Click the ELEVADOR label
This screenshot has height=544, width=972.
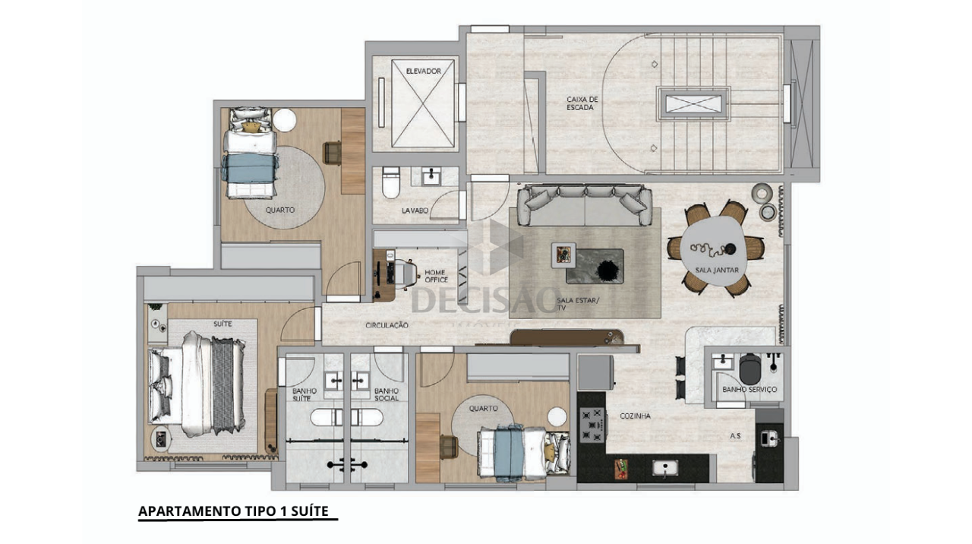click(423, 71)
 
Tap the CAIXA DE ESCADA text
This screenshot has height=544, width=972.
click(582, 103)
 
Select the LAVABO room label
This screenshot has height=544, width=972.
click(415, 210)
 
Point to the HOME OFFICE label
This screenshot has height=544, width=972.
click(436, 276)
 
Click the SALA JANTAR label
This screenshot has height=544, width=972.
click(716, 270)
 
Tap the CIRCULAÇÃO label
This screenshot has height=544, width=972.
click(387, 325)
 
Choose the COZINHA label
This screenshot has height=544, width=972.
click(635, 416)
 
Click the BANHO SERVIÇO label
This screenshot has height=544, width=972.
click(750, 390)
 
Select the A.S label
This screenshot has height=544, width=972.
click(735, 435)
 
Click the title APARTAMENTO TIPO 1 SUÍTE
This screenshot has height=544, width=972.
click(233, 511)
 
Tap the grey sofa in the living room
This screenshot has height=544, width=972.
click(585, 205)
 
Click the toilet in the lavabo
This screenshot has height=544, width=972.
click(390, 182)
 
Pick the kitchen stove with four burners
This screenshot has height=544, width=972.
click(592, 425)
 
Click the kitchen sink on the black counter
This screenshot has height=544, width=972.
click(665, 469)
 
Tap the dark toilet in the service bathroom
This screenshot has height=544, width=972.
click(750, 369)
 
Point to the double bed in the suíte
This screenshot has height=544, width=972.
click(197, 384)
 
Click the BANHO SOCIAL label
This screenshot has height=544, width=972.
click(387, 394)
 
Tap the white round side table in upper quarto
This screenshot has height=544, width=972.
click(284, 119)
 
